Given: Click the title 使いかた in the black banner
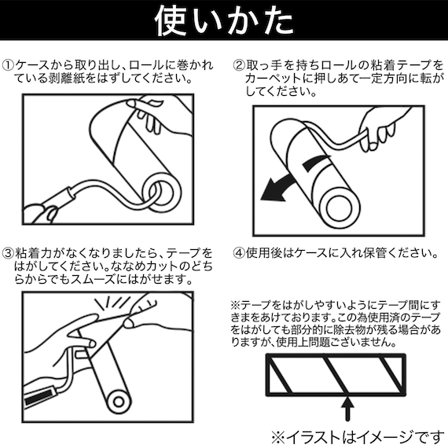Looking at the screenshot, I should point(223,21).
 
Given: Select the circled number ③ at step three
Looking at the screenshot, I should point(9,254).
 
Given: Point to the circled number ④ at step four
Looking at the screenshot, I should point(240,254).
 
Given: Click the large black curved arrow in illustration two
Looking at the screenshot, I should point(291,179).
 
